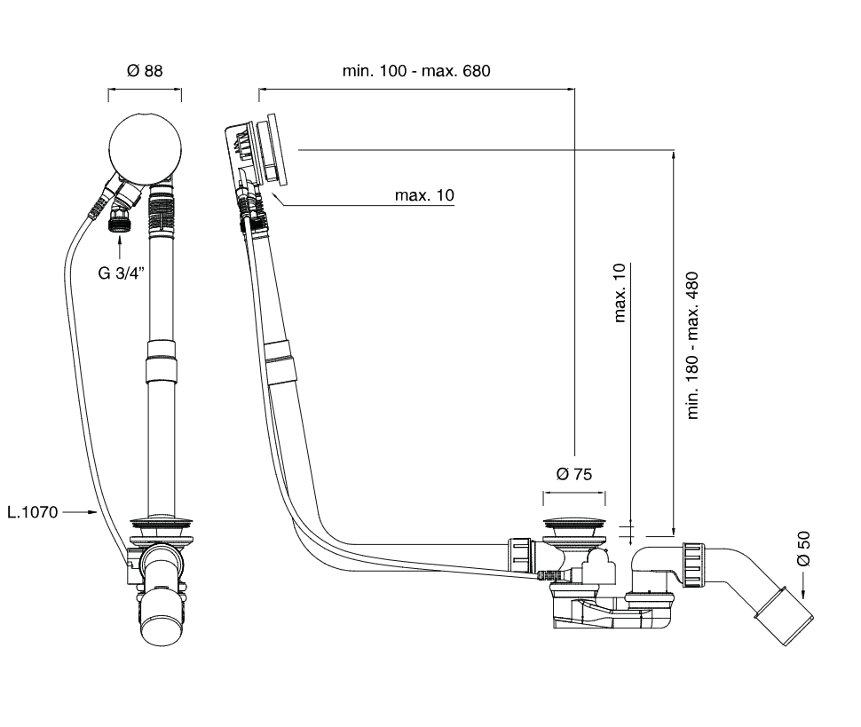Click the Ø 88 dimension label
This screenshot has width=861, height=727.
[145, 71]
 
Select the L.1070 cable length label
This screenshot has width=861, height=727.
[33, 511]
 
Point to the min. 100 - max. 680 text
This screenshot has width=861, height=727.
[416, 71]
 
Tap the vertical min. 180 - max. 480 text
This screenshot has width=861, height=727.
[694, 345]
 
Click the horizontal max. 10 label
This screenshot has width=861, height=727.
[424, 195]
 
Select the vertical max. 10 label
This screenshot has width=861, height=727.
[620, 292]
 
